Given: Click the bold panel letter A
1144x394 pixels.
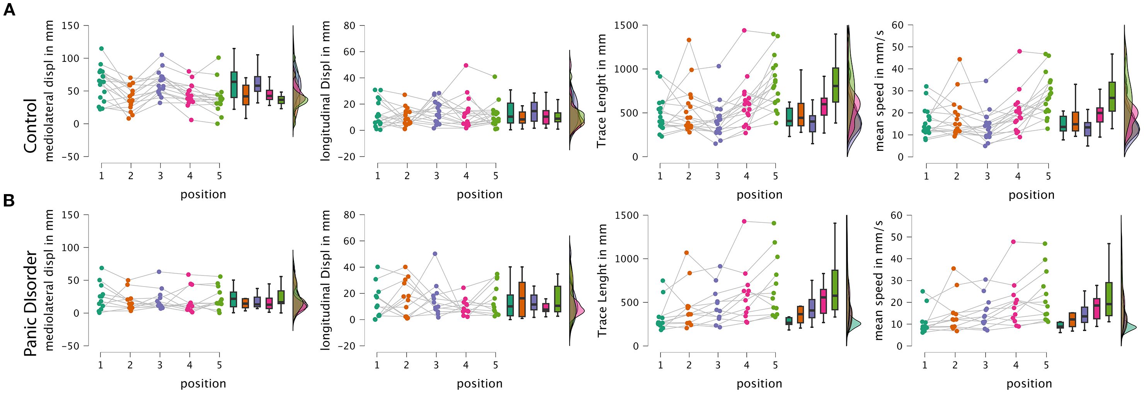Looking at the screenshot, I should (x=9, y=9).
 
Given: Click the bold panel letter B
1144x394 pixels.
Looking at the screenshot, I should (x=9, y=201).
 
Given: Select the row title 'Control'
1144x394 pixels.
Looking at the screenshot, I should (x=30, y=126).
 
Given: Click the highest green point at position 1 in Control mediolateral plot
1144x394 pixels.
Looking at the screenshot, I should (x=101, y=48).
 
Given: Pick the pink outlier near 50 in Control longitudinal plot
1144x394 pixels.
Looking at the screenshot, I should (x=466, y=65).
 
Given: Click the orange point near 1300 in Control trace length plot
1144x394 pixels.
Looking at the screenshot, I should (x=689, y=40).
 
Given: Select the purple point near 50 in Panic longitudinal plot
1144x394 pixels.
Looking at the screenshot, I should (x=435, y=254).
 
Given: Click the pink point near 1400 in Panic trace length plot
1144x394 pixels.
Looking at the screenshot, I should (x=744, y=221).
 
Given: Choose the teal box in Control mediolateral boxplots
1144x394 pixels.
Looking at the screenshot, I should (x=233, y=84).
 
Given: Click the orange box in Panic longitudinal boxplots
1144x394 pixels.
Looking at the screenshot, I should (x=522, y=299).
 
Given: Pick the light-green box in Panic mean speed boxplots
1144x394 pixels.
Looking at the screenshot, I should (x=1109, y=299).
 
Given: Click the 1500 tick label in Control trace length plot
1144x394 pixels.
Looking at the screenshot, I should (x=625, y=25).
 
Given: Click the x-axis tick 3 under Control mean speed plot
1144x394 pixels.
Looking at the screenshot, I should (x=987, y=176).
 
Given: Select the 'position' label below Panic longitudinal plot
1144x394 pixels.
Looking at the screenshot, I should (x=480, y=383).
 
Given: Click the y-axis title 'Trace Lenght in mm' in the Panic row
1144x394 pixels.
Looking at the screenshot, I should (x=602, y=280).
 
